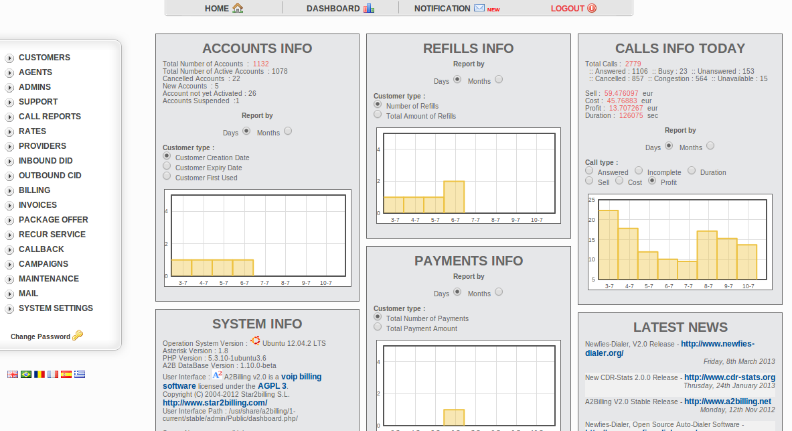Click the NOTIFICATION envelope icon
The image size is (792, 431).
point(479,8)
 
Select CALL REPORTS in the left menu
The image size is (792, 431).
point(50,117)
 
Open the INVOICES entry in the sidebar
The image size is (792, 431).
point(37,205)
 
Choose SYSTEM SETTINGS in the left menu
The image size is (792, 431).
point(56,308)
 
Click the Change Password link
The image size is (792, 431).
point(40,336)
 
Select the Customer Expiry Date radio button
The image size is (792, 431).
point(167,166)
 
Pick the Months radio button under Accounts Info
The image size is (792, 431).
point(288,131)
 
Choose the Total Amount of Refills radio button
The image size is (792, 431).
point(378,115)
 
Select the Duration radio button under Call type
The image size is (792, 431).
point(692,171)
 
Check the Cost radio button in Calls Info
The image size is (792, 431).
point(620,181)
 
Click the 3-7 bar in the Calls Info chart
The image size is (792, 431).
point(608,245)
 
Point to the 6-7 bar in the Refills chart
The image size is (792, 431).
point(454,197)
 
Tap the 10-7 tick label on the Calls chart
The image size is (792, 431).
point(748,286)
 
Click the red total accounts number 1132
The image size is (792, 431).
point(260,64)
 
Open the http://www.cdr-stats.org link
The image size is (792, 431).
point(729,377)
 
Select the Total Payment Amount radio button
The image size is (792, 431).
point(378,327)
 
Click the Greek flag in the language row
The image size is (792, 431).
point(80,374)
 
